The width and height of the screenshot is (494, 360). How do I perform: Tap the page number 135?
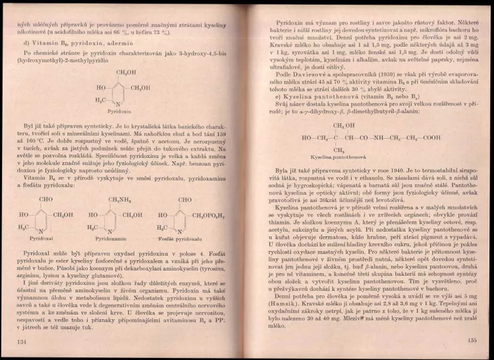(470, 340)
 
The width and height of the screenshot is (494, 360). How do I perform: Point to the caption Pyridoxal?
(43, 239)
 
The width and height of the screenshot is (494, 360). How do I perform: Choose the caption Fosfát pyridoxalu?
(179, 239)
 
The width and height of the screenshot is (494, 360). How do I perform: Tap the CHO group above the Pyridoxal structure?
(46, 199)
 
